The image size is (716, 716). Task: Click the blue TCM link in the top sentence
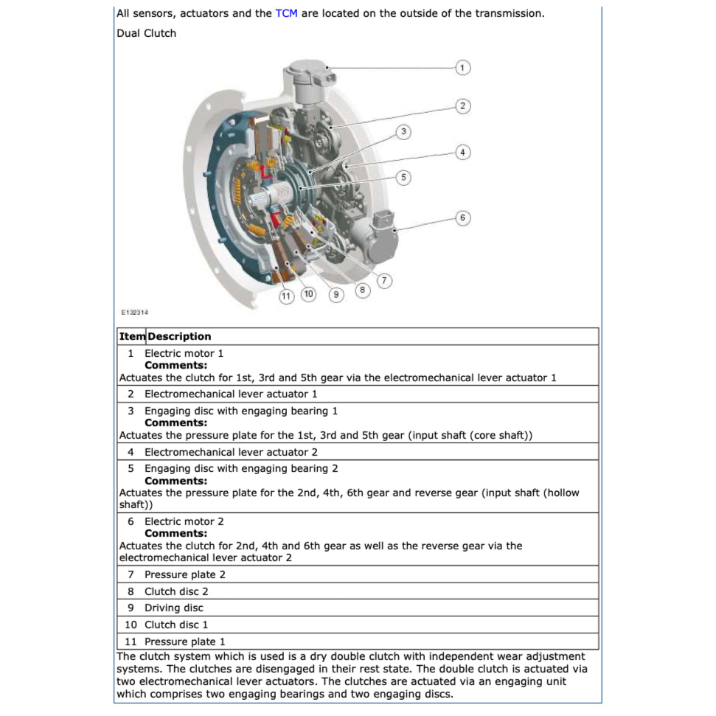[x=286, y=13]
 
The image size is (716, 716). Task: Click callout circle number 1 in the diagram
[x=462, y=68]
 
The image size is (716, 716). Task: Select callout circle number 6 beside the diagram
[x=462, y=218]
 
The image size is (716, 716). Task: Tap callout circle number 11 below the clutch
[x=286, y=296]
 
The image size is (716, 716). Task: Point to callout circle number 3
[x=403, y=132]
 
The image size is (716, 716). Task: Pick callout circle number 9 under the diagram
[x=336, y=295]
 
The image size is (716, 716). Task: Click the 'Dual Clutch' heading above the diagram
[x=146, y=33]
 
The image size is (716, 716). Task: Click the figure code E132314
[x=134, y=313]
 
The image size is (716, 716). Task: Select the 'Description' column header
[x=179, y=336]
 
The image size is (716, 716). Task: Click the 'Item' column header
[x=132, y=336]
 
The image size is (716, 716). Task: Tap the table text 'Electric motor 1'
[x=184, y=353]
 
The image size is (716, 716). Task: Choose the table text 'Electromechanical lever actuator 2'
[x=231, y=452]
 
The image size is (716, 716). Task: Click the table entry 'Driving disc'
[x=173, y=608]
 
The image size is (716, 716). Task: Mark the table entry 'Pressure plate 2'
[x=184, y=574]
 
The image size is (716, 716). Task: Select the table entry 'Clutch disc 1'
[x=176, y=625]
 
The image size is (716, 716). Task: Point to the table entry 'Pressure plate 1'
[x=184, y=642]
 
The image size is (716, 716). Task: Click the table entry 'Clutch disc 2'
[x=176, y=591]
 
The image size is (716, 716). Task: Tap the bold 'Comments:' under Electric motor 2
[x=175, y=533]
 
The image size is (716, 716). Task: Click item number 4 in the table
[x=131, y=452]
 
